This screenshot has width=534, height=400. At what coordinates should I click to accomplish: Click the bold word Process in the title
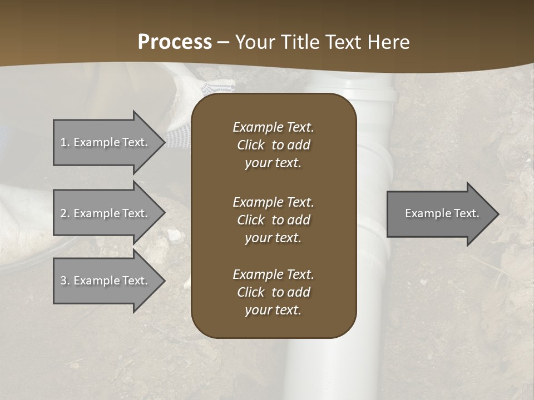(x=175, y=42)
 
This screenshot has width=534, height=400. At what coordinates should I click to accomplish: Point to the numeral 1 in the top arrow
(x=63, y=142)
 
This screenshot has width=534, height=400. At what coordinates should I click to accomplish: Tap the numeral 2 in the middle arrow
(x=63, y=213)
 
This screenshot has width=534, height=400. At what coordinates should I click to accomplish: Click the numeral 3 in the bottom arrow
(x=63, y=281)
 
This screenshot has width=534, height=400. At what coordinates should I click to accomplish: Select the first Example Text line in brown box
(x=273, y=127)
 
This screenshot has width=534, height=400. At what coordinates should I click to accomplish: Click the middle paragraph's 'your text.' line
(x=273, y=238)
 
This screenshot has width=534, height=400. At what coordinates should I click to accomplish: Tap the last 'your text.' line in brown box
(x=273, y=310)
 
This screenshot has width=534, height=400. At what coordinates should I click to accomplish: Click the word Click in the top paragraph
(x=251, y=145)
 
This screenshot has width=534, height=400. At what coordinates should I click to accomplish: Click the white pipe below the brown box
(x=309, y=367)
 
